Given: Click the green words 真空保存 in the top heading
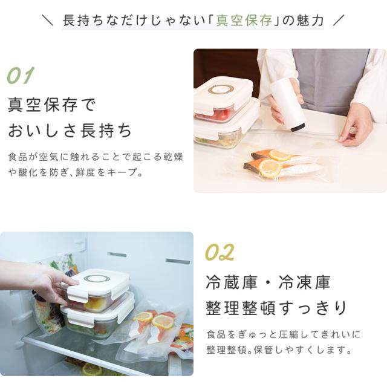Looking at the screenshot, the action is tap(244, 20).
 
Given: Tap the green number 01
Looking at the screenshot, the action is tap(20, 76).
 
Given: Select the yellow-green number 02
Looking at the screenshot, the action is tap(220, 252).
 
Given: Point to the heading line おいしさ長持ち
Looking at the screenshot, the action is tap(70, 131).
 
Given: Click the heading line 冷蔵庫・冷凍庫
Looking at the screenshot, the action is tap(268, 282).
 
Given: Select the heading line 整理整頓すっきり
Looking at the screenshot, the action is tap(276, 308).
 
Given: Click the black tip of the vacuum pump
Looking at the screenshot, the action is tap(298, 127).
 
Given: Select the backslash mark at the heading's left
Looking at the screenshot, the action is tap(47, 20).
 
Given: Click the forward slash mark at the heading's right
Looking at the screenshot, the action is tap(338, 20).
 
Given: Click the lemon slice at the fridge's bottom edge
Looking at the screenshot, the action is tap(92, 369).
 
